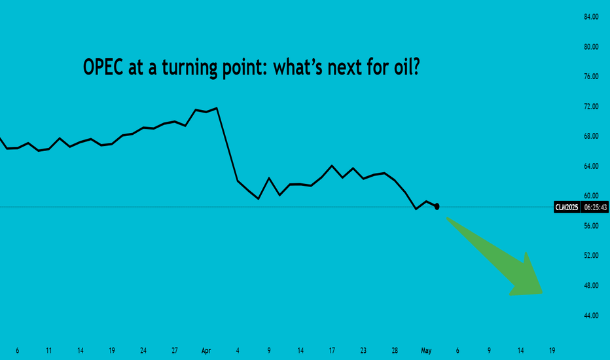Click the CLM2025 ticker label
click(566, 207)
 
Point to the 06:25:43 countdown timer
click(595, 207)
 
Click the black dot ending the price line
click(437, 206)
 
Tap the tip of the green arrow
click(543, 293)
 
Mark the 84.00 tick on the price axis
click(591, 17)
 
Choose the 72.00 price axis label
click(591, 106)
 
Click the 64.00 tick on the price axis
click(591, 166)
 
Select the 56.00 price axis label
click(591, 226)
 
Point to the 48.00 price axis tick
click(591, 285)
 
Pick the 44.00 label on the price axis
click(591, 315)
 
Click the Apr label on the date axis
click(206, 351)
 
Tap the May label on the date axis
click(426, 351)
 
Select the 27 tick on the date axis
click(175, 351)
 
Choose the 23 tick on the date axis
click(363, 351)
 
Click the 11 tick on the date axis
click(48, 351)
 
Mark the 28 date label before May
click(395, 351)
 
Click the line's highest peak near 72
click(217, 108)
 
